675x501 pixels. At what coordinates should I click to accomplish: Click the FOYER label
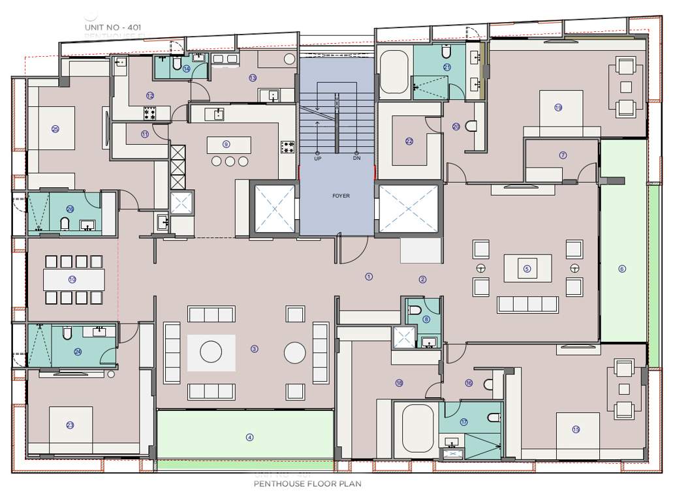pos(341,196)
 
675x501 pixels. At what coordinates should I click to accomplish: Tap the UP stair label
pos(317,159)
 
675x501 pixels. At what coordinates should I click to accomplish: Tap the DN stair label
pos(356,159)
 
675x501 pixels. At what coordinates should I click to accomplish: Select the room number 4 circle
pos(249,438)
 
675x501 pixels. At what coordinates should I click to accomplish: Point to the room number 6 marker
pos(622,268)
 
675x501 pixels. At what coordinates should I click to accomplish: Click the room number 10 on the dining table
pos(72,279)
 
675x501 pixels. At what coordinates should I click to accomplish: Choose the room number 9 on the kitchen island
pos(227,144)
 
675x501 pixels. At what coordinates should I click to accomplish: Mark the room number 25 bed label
pos(55,129)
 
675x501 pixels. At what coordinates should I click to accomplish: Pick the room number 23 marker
pos(70,425)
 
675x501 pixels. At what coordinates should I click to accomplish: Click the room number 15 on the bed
pos(576,429)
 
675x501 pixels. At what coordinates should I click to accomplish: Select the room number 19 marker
pos(558,108)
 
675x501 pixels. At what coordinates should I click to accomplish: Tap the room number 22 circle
pos(409,141)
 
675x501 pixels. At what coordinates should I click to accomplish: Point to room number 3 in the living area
pos(255,349)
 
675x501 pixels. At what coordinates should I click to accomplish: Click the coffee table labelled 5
pos(527,268)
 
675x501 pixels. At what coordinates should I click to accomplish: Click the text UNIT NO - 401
pos(112,27)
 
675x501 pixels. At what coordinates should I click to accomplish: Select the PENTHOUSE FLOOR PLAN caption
pos(307,484)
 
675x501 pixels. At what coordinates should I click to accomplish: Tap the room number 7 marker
pos(563,155)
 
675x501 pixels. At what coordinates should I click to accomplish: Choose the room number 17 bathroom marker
pos(464,422)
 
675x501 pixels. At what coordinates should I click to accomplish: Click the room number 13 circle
pos(253,78)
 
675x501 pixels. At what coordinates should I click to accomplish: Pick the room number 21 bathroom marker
pos(447,67)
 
